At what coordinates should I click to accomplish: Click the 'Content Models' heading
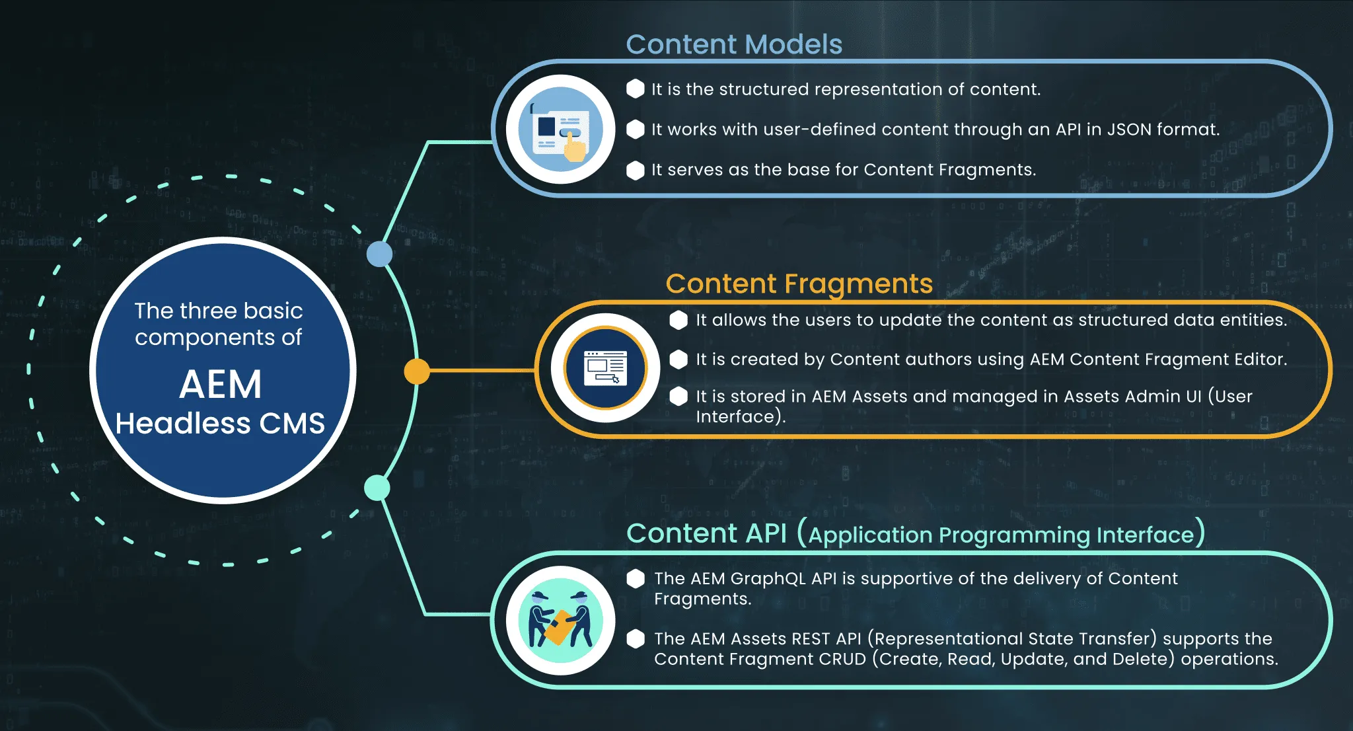[734, 44]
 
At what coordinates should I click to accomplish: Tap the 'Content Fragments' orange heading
[799, 284]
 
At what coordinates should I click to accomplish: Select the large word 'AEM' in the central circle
[221, 385]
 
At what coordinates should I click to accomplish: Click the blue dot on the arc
[379, 254]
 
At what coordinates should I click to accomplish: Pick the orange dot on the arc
[417, 371]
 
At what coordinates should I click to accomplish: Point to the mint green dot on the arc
[377, 488]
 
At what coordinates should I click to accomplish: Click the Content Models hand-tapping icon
[560, 130]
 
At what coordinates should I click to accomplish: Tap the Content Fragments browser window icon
[605, 368]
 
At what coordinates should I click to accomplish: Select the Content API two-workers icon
[560, 621]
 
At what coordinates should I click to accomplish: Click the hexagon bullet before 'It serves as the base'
[636, 171]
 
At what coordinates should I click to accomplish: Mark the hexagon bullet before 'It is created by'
[678, 360]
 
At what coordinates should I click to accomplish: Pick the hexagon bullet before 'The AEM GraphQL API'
[636, 579]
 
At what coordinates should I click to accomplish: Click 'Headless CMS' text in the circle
[220, 424]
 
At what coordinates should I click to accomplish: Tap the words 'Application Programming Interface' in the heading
[1001, 535]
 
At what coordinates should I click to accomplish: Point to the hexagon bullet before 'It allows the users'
[678, 321]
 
